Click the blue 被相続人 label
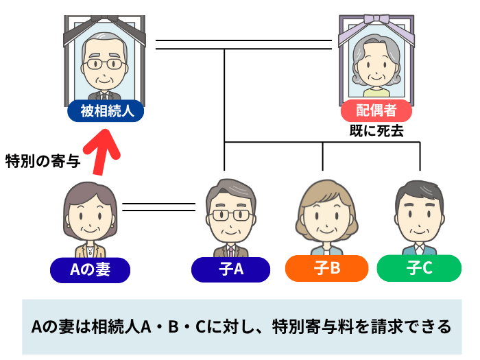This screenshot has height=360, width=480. (x=106, y=110)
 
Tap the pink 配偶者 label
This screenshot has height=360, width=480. (x=376, y=110)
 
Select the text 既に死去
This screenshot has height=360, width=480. (x=375, y=130)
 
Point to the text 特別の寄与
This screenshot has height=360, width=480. (x=43, y=162)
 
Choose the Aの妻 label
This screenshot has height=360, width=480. (x=90, y=269)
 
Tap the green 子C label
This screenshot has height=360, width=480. (x=419, y=267)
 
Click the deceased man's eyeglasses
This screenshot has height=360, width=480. (x=105, y=65)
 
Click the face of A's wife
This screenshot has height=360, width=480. (x=90, y=218)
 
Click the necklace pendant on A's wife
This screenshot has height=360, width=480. (x=90, y=252)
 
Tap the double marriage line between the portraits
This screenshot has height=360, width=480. (x=243, y=45)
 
